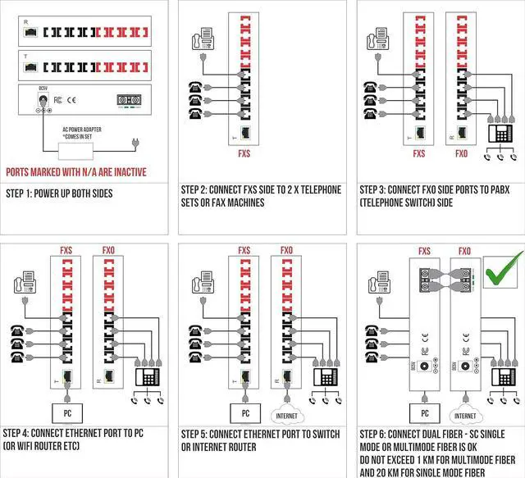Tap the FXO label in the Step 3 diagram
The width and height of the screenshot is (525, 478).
click(462, 153)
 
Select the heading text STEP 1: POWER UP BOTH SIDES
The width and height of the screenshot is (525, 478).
click(66, 193)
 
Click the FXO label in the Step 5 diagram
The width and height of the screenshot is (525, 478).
click(286, 250)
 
